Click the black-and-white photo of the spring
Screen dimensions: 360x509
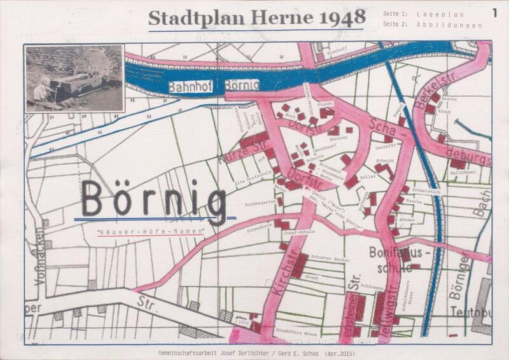pyautogui.click(x=74, y=78)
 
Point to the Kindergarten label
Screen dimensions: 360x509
pyautogui.click(x=261, y=205)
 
